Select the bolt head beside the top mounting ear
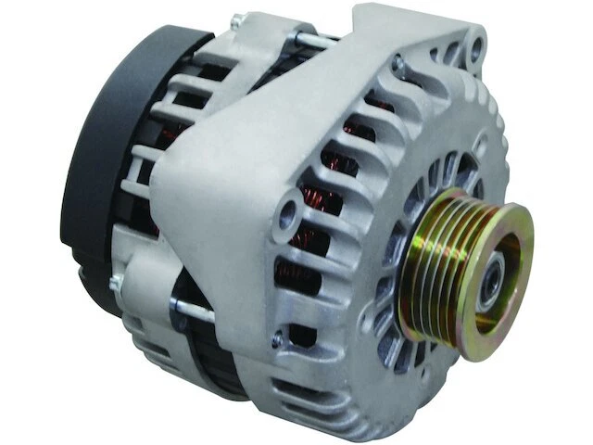398,65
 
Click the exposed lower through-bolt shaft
195,309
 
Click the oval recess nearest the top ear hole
452,54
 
